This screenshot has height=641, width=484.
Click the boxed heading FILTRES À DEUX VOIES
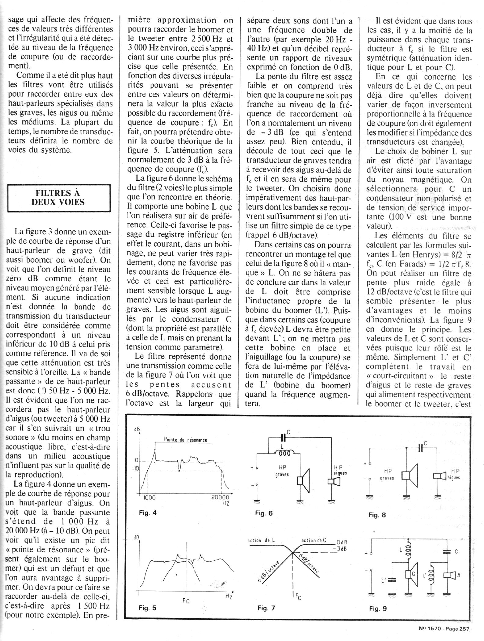click(58, 198)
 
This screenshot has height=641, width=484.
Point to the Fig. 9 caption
click(378, 608)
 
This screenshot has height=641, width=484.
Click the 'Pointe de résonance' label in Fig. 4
click(185, 440)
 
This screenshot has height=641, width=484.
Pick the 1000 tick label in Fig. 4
click(149, 498)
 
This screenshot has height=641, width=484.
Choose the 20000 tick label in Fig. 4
click(220, 498)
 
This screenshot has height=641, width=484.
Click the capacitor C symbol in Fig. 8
click(421, 448)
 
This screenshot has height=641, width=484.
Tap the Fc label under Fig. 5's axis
click(186, 601)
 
